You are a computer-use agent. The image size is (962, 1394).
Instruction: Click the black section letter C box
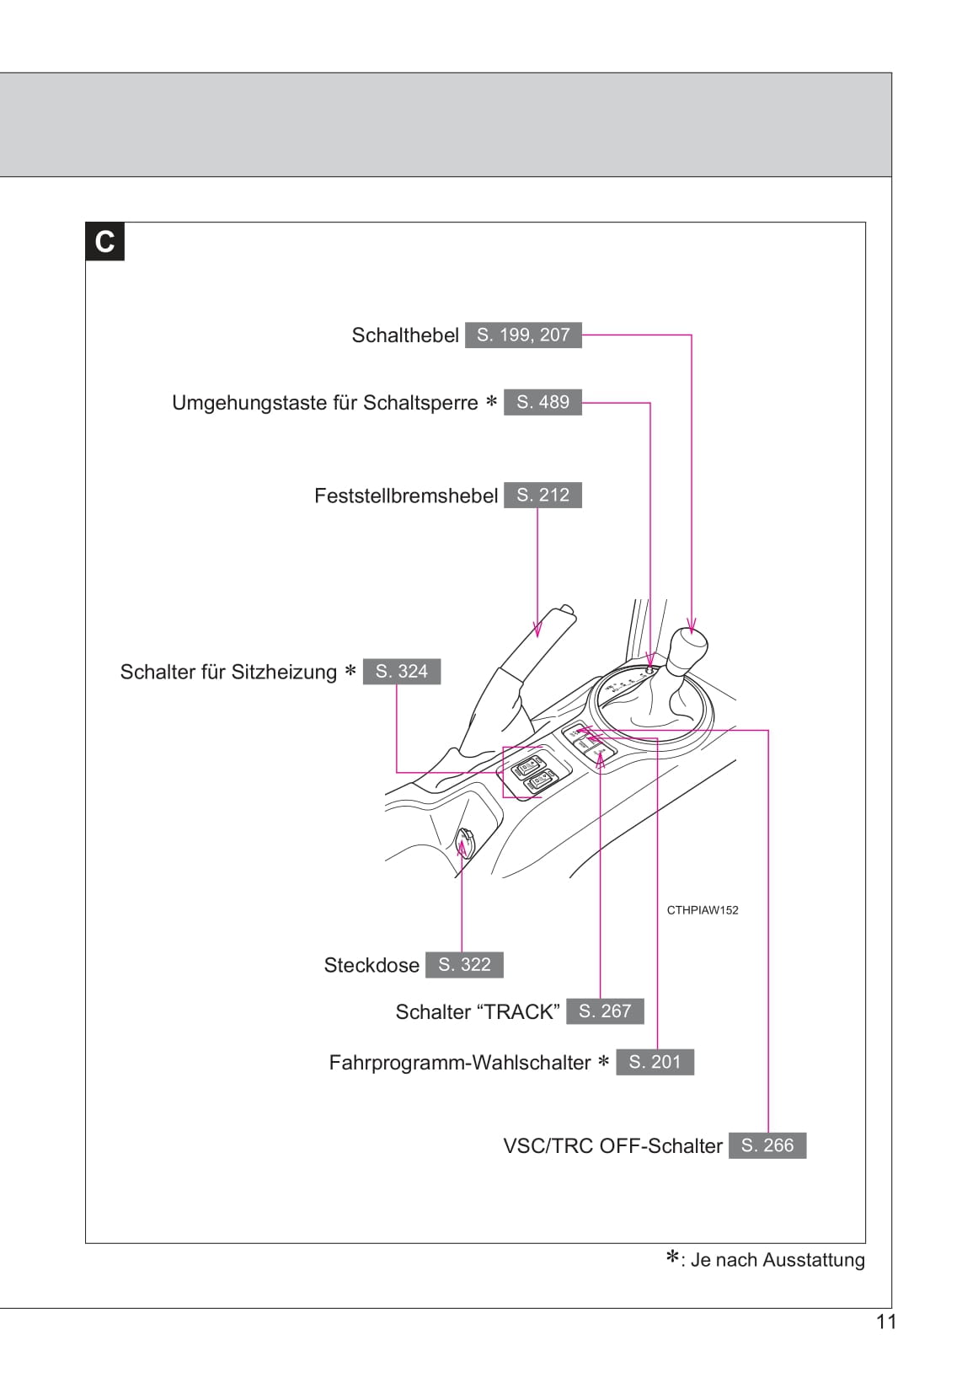click(x=104, y=242)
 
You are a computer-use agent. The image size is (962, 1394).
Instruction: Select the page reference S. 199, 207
click(x=523, y=335)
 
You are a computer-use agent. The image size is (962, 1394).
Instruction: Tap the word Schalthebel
click(x=405, y=335)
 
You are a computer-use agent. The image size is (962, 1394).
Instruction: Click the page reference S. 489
click(x=542, y=403)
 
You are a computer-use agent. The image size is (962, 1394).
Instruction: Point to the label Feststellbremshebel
click(x=406, y=496)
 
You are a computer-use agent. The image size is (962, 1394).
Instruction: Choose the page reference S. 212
click(x=542, y=496)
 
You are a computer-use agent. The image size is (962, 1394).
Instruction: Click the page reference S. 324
click(x=402, y=672)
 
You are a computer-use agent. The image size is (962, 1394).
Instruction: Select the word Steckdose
click(x=371, y=965)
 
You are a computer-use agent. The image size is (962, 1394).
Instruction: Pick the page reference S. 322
click(x=464, y=965)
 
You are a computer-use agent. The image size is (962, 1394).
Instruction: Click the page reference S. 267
click(x=605, y=1011)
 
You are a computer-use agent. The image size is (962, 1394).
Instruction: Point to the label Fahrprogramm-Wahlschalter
click(x=460, y=1063)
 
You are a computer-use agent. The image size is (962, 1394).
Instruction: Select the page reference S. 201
click(x=655, y=1062)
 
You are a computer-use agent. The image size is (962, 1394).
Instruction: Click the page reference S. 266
click(x=767, y=1145)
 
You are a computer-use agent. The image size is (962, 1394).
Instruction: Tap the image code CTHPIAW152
click(x=702, y=910)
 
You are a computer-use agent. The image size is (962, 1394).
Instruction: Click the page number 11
click(x=886, y=1322)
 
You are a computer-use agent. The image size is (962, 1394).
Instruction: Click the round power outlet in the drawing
click(x=466, y=841)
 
